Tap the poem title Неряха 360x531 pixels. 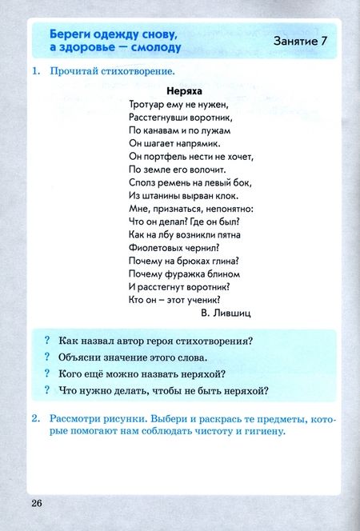coord(184,91)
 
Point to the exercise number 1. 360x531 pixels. coord(36,71)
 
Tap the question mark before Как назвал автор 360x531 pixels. coord(48,341)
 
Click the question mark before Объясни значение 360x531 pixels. coord(48,357)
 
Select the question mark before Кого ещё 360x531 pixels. coord(48,374)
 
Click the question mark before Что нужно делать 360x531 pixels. coord(48,391)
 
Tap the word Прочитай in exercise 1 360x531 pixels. coord(75,71)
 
